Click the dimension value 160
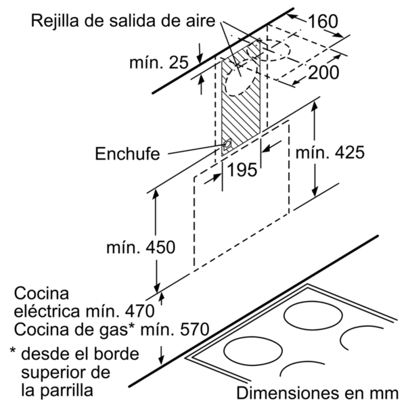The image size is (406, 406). click(323, 21)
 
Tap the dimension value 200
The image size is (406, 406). click(323, 72)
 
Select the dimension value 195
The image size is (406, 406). click(242, 170)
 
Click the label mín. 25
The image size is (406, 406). click(159, 62)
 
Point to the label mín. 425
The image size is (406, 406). click(330, 152)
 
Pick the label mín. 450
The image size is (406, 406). click(141, 247)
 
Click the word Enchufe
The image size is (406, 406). click(127, 154)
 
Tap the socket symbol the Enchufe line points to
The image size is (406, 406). click(227, 144)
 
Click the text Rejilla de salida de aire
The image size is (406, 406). click(123, 21)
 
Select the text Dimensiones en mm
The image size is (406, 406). click(317, 393)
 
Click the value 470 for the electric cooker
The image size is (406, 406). click(140, 311)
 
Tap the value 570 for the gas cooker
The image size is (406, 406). click(194, 330)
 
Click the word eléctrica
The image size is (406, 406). click(47, 311)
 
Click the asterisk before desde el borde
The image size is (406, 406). click(13, 351)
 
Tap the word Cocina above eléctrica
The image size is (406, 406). click(41, 294)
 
